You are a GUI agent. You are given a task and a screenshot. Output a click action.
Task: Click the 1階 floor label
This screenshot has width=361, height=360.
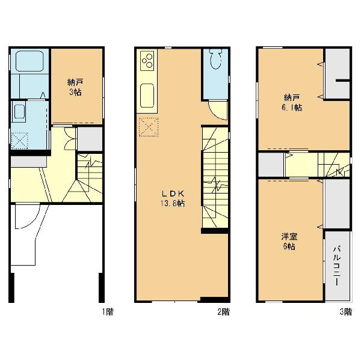(x=108, y=312)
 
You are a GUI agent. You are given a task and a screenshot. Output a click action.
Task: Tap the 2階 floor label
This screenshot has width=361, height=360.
(x=224, y=312)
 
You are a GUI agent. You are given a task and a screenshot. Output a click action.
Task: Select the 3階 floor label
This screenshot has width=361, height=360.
(x=346, y=312)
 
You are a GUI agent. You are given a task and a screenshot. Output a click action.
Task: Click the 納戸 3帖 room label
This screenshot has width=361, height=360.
(x=75, y=87)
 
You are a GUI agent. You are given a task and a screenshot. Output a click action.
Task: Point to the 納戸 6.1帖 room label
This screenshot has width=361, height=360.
(x=292, y=103)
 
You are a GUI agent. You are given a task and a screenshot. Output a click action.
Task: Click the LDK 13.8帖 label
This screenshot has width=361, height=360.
(x=173, y=198)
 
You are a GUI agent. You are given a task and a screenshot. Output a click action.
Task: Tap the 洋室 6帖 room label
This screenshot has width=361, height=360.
(x=289, y=242)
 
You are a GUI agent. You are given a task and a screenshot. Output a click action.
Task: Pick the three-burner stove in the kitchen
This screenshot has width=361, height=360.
(x=147, y=61)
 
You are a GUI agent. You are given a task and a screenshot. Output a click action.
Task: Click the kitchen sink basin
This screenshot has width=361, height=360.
(x=147, y=95)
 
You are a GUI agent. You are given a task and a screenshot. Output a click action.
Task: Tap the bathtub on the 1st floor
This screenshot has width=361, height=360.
(x=29, y=61)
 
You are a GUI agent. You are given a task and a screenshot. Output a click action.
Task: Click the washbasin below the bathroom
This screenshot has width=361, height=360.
(x=20, y=112)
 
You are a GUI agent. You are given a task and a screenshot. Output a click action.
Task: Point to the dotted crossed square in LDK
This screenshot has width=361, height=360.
(x=149, y=127)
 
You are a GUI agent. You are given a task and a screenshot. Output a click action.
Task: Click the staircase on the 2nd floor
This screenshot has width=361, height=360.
(x=215, y=177)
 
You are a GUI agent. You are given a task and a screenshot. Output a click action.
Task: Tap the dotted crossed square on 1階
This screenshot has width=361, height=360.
(x=20, y=141)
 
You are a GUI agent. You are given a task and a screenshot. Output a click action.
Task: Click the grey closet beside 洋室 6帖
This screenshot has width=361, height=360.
(x=338, y=204)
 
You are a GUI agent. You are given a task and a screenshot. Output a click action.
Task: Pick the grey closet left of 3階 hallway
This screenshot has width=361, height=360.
(x=271, y=165)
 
